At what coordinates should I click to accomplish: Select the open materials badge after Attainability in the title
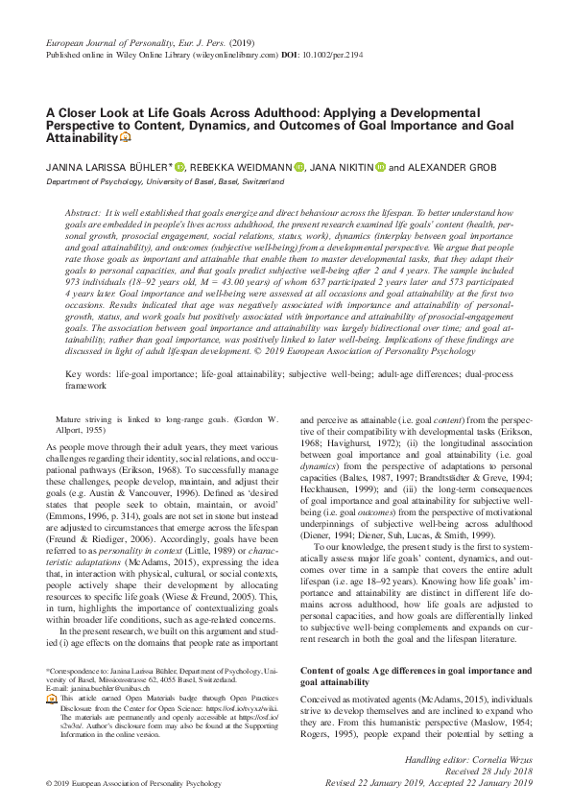point(125,140)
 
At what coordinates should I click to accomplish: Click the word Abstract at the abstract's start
point(83,210)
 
